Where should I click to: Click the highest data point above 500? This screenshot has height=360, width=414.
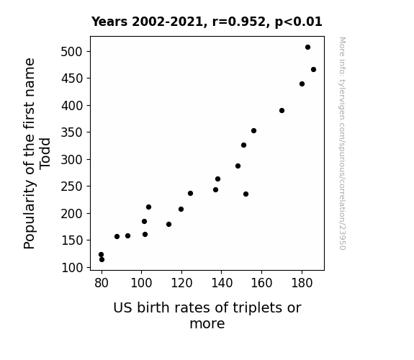pyautogui.click(x=307, y=48)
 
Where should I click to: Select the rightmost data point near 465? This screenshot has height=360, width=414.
pyautogui.click(x=313, y=69)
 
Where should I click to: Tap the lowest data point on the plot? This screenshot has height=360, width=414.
pyautogui.click(x=102, y=260)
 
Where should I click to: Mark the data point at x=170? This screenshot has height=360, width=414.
pyautogui.click(x=282, y=110)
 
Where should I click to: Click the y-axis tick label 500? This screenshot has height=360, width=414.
pyautogui.click(x=71, y=52)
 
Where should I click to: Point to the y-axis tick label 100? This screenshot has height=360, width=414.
pyautogui.click(x=72, y=268)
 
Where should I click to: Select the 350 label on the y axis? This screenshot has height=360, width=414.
pyautogui.click(x=71, y=132)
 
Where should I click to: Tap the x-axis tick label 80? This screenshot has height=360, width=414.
pyautogui.click(x=102, y=283)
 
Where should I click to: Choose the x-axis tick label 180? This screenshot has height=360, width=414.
pyautogui.click(x=302, y=283)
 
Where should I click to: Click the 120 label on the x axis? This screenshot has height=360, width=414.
pyautogui.click(x=181, y=283)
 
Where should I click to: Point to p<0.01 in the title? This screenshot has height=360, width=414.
pyautogui.click(x=298, y=22)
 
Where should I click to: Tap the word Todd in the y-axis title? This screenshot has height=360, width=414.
pyautogui.click(x=45, y=153)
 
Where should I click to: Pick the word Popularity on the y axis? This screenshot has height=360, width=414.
pyautogui.click(x=30, y=215)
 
